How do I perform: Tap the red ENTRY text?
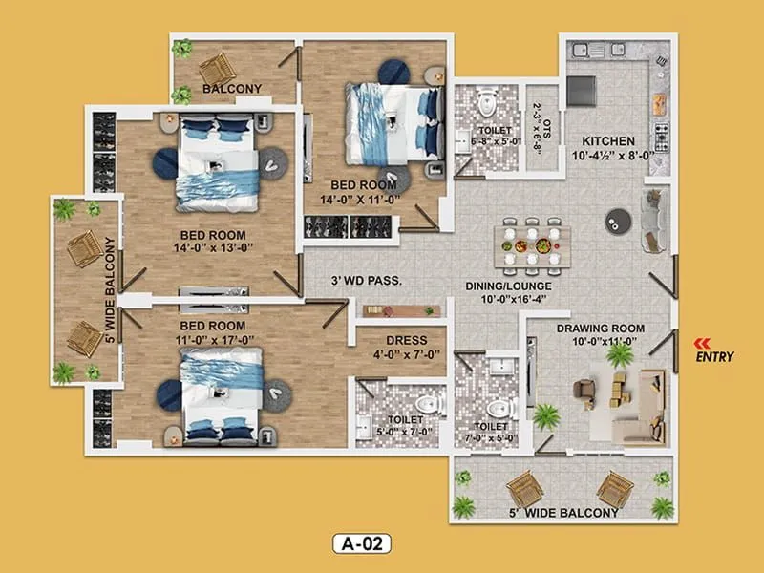714,358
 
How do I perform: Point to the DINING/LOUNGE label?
508,286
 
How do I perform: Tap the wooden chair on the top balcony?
217,68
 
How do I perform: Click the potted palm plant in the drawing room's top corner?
620,355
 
